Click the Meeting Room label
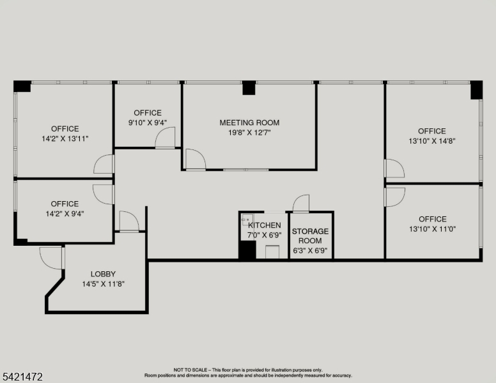tap(249, 123)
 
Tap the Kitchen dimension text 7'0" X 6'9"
tap(265, 235)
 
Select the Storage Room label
tap(310, 236)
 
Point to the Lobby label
tap(103, 274)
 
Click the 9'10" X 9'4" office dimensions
tap(148, 123)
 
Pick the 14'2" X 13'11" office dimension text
tap(65, 139)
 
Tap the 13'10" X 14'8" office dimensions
tap(432, 141)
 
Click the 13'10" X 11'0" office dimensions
tap(433, 229)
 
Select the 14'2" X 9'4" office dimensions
tap(65, 214)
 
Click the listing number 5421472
tap(22, 377)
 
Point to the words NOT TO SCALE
tap(190, 370)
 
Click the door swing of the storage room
tap(301, 203)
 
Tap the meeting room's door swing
tap(196, 160)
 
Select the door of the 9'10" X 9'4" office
tap(165, 137)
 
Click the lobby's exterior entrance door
tap(50, 258)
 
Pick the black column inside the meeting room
tap(249, 88)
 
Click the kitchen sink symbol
tap(247, 220)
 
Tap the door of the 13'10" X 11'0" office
tap(395, 197)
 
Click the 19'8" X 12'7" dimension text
tap(249, 133)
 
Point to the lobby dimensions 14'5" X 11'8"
tap(103, 284)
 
